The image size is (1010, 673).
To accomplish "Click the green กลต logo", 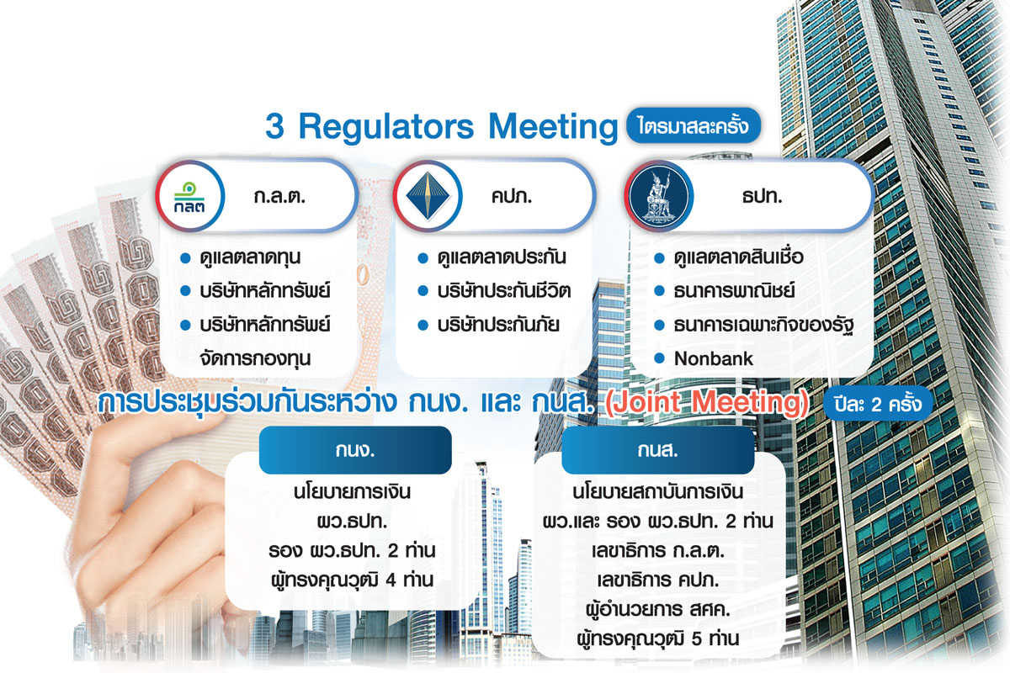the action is (189, 197).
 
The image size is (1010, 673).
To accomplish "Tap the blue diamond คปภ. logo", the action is (428, 197).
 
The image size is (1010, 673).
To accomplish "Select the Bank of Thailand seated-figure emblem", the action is (659, 197).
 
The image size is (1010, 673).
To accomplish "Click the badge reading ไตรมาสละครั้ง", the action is (694, 125).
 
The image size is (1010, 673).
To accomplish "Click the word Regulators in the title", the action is (386, 127).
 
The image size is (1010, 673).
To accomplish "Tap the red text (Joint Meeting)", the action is (706, 402).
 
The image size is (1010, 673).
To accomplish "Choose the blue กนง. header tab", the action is (355, 450).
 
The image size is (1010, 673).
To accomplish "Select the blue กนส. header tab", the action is (658, 450).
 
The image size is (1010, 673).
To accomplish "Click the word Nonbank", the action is (714, 359).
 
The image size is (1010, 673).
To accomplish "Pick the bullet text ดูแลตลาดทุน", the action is (250, 257).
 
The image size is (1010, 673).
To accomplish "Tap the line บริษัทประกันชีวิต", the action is (504, 291).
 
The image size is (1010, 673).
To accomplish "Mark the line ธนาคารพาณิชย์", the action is (734, 291).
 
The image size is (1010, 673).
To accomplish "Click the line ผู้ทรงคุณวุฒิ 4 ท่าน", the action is (353, 580).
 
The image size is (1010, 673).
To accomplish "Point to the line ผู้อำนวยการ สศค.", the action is (658, 609).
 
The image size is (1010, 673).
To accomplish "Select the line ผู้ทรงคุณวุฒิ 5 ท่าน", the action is (658, 639).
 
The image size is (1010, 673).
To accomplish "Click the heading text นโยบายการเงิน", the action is (352, 492).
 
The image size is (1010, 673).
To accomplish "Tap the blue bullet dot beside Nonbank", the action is (659, 359).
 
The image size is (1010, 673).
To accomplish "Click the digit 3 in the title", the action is (274, 126).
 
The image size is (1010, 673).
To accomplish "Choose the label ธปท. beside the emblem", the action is (762, 197).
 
